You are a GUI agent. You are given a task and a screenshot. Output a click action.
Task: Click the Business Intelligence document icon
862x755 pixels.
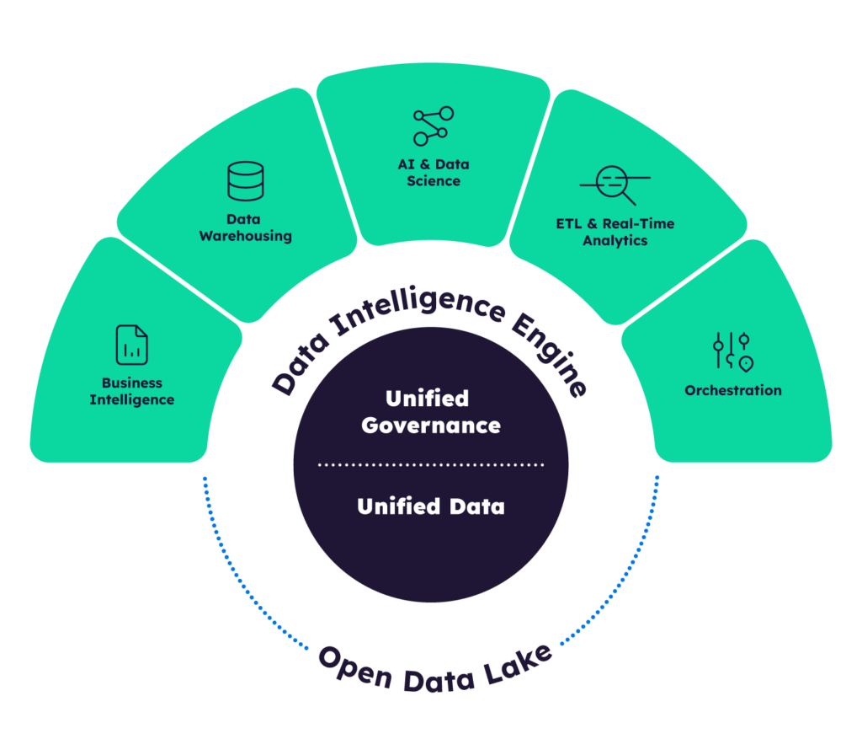point(132,345)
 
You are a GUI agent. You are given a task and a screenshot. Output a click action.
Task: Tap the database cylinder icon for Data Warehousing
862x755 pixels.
point(245,182)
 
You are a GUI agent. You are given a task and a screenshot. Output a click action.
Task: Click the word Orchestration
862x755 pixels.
point(732,390)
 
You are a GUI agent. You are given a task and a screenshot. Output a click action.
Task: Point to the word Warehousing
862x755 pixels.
point(245,236)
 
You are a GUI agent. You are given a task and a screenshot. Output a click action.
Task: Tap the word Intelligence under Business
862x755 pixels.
point(132,399)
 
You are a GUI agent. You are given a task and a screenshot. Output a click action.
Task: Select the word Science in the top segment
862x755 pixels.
point(434,180)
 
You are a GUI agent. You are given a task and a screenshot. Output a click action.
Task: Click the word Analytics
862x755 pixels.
point(615,240)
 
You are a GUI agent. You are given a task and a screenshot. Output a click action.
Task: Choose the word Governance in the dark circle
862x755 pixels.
point(431,425)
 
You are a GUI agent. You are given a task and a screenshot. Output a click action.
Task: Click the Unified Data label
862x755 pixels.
point(431,506)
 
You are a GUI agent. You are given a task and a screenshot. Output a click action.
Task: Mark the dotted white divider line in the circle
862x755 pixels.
point(431,464)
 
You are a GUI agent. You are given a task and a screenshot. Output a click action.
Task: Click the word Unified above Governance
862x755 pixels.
point(427,398)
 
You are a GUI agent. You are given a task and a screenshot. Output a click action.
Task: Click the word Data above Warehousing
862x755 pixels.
point(242,219)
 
